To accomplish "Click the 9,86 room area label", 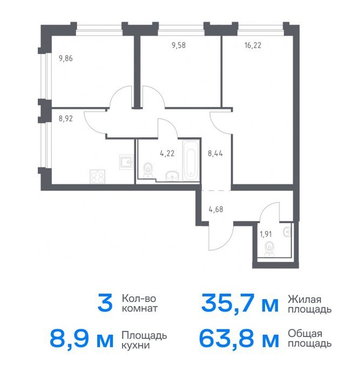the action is (x=65, y=58).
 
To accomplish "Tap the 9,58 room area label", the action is (x=179, y=45).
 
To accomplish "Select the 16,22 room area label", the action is (x=253, y=45).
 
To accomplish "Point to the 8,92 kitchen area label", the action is (x=65, y=118).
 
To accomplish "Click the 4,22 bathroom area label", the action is (x=167, y=153).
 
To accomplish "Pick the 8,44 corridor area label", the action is (x=215, y=153).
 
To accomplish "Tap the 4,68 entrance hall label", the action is (x=216, y=210).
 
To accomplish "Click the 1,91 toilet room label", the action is (x=266, y=234).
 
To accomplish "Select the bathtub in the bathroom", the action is (x=191, y=160).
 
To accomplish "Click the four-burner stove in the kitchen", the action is (x=97, y=177).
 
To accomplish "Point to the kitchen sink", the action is (x=126, y=162).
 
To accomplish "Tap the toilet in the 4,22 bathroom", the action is (x=148, y=170).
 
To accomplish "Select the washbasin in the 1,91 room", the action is (x=287, y=232).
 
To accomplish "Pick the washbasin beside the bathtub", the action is (x=172, y=175).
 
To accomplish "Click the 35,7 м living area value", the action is (x=240, y=303).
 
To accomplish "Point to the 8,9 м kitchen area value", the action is (x=81, y=339).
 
